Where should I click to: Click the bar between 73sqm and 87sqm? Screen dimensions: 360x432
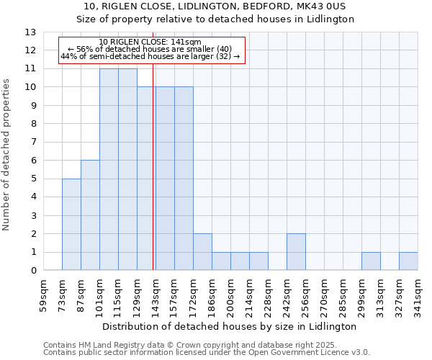pos(71,224)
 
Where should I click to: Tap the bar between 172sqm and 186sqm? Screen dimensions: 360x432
pos(202,252)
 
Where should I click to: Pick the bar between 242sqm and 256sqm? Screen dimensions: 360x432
pos(296,252)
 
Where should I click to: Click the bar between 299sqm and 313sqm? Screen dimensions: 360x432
pos(371,261)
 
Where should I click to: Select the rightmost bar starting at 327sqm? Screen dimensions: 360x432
pos(408,261)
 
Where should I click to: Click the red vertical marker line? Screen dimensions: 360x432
pos(153,180)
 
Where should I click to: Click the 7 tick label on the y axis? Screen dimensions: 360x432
pos(32,143)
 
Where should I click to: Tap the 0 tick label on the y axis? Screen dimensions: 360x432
pos(32,271)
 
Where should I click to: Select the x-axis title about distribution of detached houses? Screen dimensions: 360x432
pos(230,326)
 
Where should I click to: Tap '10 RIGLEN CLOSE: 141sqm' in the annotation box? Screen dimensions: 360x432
pos(150,42)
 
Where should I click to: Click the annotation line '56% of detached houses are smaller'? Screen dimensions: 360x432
pos(150,49)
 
